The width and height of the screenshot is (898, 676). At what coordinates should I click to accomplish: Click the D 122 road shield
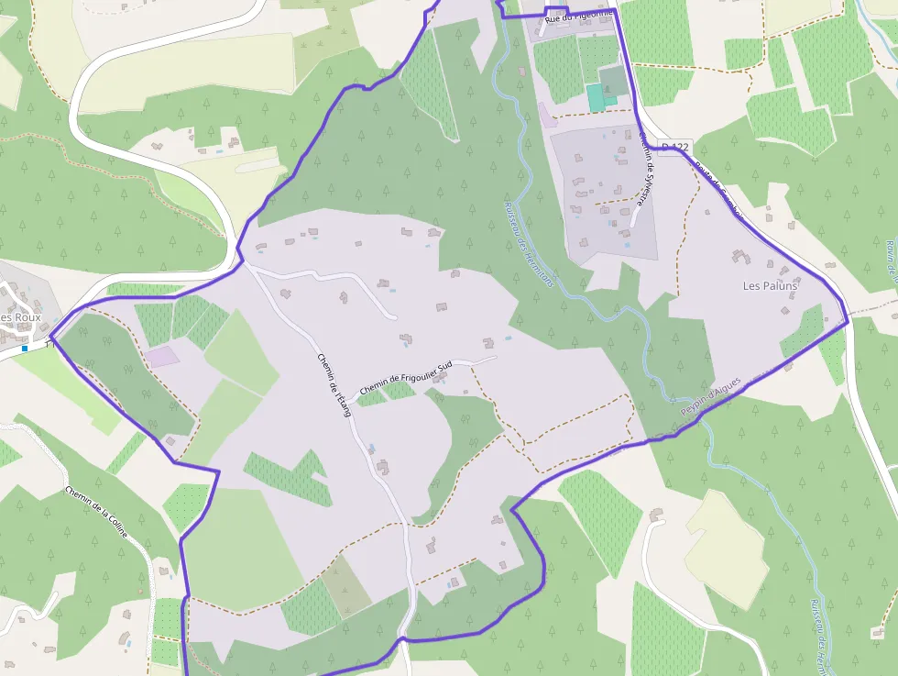[x=674, y=148]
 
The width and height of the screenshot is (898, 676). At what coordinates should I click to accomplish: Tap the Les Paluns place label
[x=770, y=286]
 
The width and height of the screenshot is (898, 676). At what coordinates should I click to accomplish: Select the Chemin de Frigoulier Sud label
[x=407, y=379]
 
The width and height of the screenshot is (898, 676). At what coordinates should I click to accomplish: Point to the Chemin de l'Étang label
[x=334, y=384]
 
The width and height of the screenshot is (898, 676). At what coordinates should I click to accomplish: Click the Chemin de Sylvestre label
[x=645, y=174]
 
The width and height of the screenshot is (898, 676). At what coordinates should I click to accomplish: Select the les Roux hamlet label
[x=20, y=317]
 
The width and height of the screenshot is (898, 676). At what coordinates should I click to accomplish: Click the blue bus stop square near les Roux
[x=25, y=349]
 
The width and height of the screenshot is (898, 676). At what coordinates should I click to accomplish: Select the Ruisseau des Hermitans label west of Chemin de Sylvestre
[x=529, y=244]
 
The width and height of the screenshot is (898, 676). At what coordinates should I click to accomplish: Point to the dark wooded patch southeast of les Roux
[x=119, y=376]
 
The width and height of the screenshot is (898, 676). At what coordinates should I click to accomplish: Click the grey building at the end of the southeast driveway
[x=655, y=515]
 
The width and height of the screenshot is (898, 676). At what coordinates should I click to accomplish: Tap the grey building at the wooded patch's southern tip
[x=170, y=441]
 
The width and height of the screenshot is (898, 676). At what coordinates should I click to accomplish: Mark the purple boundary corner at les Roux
[x=51, y=338]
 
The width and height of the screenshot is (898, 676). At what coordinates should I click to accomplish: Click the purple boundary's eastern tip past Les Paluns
[x=848, y=321]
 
